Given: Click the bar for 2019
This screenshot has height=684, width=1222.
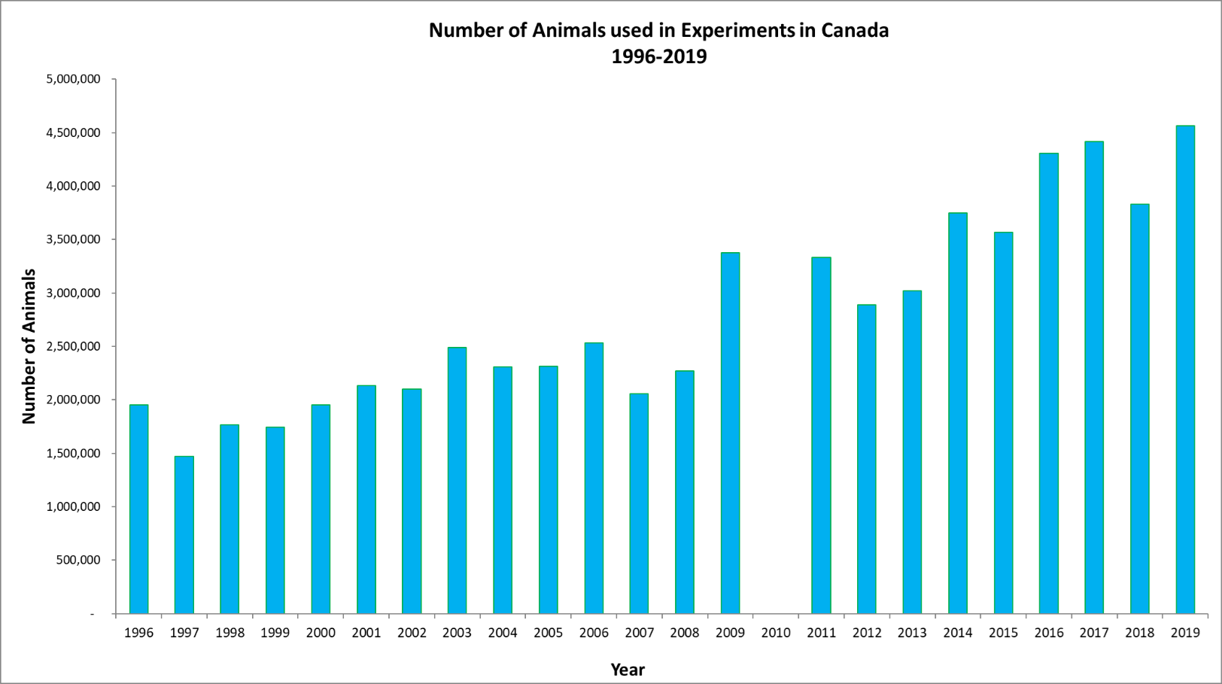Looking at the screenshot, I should tap(1185, 369).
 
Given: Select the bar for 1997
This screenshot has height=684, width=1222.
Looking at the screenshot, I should tap(184, 535).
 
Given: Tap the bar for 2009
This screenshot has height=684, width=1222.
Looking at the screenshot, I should tap(730, 433).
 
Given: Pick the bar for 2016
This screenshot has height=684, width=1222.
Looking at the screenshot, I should tap(1048, 384).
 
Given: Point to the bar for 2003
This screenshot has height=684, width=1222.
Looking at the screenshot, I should tap(457, 481).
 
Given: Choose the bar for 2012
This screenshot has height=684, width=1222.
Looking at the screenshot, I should tap(867, 459).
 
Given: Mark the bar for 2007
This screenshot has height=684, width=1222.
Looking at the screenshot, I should tap(639, 503).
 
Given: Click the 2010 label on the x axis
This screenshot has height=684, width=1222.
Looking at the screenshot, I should tap(776, 633).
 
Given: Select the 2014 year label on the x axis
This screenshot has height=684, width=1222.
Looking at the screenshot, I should tap(958, 633).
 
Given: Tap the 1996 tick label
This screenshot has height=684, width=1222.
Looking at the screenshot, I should tap(138, 633).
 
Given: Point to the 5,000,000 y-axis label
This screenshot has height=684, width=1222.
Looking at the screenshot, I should tap(73, 79).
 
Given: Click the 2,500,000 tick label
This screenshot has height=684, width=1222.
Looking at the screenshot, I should tap(73, 346).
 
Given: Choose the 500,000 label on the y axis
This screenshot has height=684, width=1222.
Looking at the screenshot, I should tap(78, 560).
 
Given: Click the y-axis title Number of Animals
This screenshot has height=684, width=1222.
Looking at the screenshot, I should tap(29, 346).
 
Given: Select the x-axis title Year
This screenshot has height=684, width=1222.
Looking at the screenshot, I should tap(628, 670).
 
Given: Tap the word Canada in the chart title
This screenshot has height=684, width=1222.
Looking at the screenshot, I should tap(855, 30).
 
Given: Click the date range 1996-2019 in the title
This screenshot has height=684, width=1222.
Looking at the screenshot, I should tap(658, 56).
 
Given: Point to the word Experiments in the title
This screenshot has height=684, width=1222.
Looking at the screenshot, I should tap(737, 30).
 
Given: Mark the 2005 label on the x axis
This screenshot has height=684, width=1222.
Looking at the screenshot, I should tap(548, 633).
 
